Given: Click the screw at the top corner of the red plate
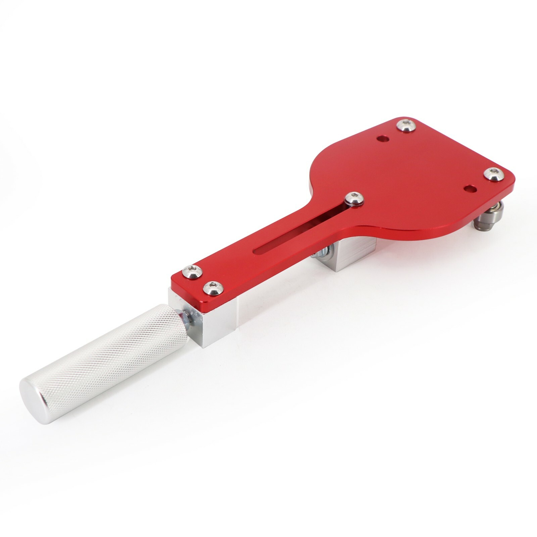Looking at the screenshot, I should [x=406, y=126].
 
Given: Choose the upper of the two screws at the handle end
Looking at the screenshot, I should [x=192, y=271].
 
